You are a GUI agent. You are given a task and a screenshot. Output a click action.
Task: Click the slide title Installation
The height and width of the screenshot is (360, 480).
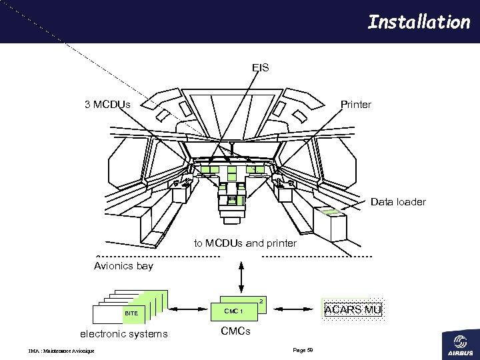419,22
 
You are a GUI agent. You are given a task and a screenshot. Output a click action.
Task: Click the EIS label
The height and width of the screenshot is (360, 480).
261,67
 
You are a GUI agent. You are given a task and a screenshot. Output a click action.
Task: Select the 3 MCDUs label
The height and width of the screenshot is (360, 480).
107,105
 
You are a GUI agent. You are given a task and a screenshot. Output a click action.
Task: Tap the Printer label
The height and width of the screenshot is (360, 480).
356,105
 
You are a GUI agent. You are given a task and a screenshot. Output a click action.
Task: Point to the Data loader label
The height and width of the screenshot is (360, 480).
398,201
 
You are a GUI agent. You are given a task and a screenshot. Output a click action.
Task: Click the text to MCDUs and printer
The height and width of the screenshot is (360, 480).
245,243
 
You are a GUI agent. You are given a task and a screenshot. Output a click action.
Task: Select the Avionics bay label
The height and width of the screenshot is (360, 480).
123,266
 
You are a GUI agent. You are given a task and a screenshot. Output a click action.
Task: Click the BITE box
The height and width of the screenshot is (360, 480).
131,313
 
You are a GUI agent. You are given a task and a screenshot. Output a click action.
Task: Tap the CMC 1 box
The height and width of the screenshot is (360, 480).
233,311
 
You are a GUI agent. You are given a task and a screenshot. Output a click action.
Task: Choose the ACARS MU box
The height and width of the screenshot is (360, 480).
352,309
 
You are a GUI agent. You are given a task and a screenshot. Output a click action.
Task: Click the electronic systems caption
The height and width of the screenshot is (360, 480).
124,333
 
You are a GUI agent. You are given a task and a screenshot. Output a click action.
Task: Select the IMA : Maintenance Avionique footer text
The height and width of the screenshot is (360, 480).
61,351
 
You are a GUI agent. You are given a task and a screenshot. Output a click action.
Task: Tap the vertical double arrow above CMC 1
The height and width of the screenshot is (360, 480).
241,275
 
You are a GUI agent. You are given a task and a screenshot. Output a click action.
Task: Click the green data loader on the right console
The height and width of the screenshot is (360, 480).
330,213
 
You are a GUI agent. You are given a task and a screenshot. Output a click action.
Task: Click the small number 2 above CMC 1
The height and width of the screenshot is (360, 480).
261,302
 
